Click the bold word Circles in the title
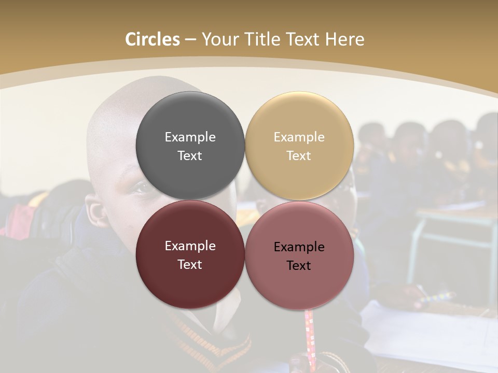[153, 39]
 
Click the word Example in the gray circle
[190, 137]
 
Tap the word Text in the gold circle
[299, 156]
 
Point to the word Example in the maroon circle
[190, 246]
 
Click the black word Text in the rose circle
[299, 266]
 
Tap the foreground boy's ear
[95, 217]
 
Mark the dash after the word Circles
[190, 40]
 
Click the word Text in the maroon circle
[190, 265]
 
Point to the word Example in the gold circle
[299, 137]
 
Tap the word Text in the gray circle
[190, 156]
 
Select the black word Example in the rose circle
[299, 247]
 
